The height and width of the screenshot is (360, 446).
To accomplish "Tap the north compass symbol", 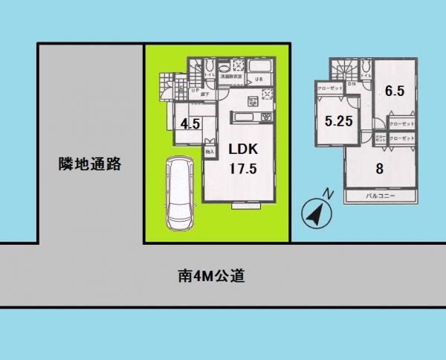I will (315, 213).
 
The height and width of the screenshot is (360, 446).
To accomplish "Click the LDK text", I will (242, 147).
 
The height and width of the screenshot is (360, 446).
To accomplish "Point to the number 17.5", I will (242, 168).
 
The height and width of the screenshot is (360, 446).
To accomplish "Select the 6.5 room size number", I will (394, 92).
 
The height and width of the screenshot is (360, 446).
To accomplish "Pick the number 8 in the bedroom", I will (379, 168).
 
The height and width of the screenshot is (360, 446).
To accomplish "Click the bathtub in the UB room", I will (260, 65).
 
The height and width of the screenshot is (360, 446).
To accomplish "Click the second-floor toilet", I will (365, 69).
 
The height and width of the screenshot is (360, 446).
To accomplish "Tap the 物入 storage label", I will (210, 151).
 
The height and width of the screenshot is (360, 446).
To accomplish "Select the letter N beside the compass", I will (329, 195).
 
